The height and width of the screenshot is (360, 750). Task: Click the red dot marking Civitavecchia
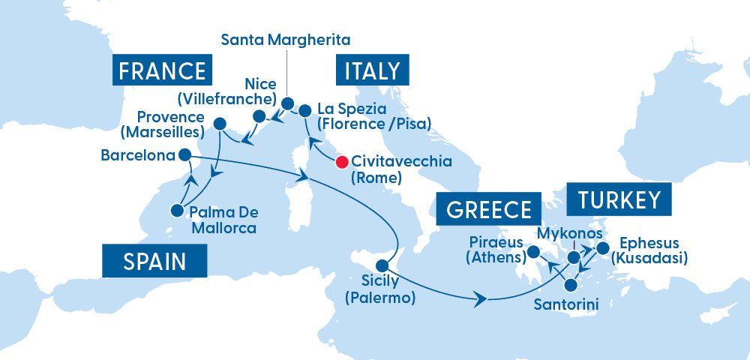[342, 161]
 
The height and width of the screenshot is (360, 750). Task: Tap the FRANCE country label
[162, 70]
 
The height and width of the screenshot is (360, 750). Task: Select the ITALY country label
[373, 70]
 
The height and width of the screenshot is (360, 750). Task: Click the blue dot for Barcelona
[184, 155]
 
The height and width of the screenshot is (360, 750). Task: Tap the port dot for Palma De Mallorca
[177, 211]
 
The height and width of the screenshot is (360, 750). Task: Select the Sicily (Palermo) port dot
[382, 265]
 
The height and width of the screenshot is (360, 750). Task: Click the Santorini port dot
[571, 285]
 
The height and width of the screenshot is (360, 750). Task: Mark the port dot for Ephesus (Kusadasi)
[601, 245]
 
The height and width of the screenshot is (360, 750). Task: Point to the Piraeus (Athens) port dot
[533, 252]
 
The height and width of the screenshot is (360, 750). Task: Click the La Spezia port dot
[304, 111]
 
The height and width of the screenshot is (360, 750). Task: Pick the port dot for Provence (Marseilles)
[220, 123]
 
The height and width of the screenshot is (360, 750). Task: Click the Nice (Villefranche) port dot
[259, 116]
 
